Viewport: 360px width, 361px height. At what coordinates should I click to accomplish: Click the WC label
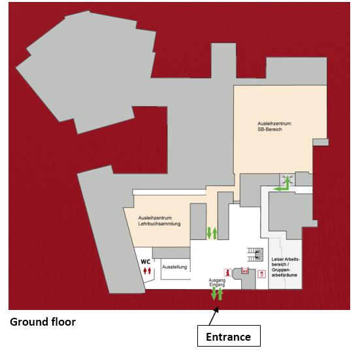[146, 262]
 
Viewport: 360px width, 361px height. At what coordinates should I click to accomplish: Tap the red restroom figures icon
[147, 271]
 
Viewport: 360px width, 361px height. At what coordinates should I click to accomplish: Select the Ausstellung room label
[174, 267]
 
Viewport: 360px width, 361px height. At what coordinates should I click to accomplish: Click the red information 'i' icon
[228, 273]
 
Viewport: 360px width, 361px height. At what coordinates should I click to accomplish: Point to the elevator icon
[245, 270]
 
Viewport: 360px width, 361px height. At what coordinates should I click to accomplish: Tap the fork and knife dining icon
[262, 274]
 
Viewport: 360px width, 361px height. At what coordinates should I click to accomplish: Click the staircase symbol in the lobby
[255, 254]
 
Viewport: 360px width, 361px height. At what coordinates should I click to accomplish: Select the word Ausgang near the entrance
[217, 281]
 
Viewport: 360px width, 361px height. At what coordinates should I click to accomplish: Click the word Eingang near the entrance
[217, 285]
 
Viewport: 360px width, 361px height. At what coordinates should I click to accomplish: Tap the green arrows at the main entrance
[217, 294]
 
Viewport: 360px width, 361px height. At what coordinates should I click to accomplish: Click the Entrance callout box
[229, 335]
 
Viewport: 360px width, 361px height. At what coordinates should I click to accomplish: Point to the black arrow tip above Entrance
[218, 308]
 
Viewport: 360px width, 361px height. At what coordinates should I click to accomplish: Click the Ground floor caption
[42, 322]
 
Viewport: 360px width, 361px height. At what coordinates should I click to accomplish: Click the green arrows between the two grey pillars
[212, 233]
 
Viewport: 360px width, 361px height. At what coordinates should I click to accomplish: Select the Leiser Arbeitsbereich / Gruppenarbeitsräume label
[286, 267]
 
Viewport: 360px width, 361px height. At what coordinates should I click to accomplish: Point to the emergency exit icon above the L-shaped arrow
[287, 179]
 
